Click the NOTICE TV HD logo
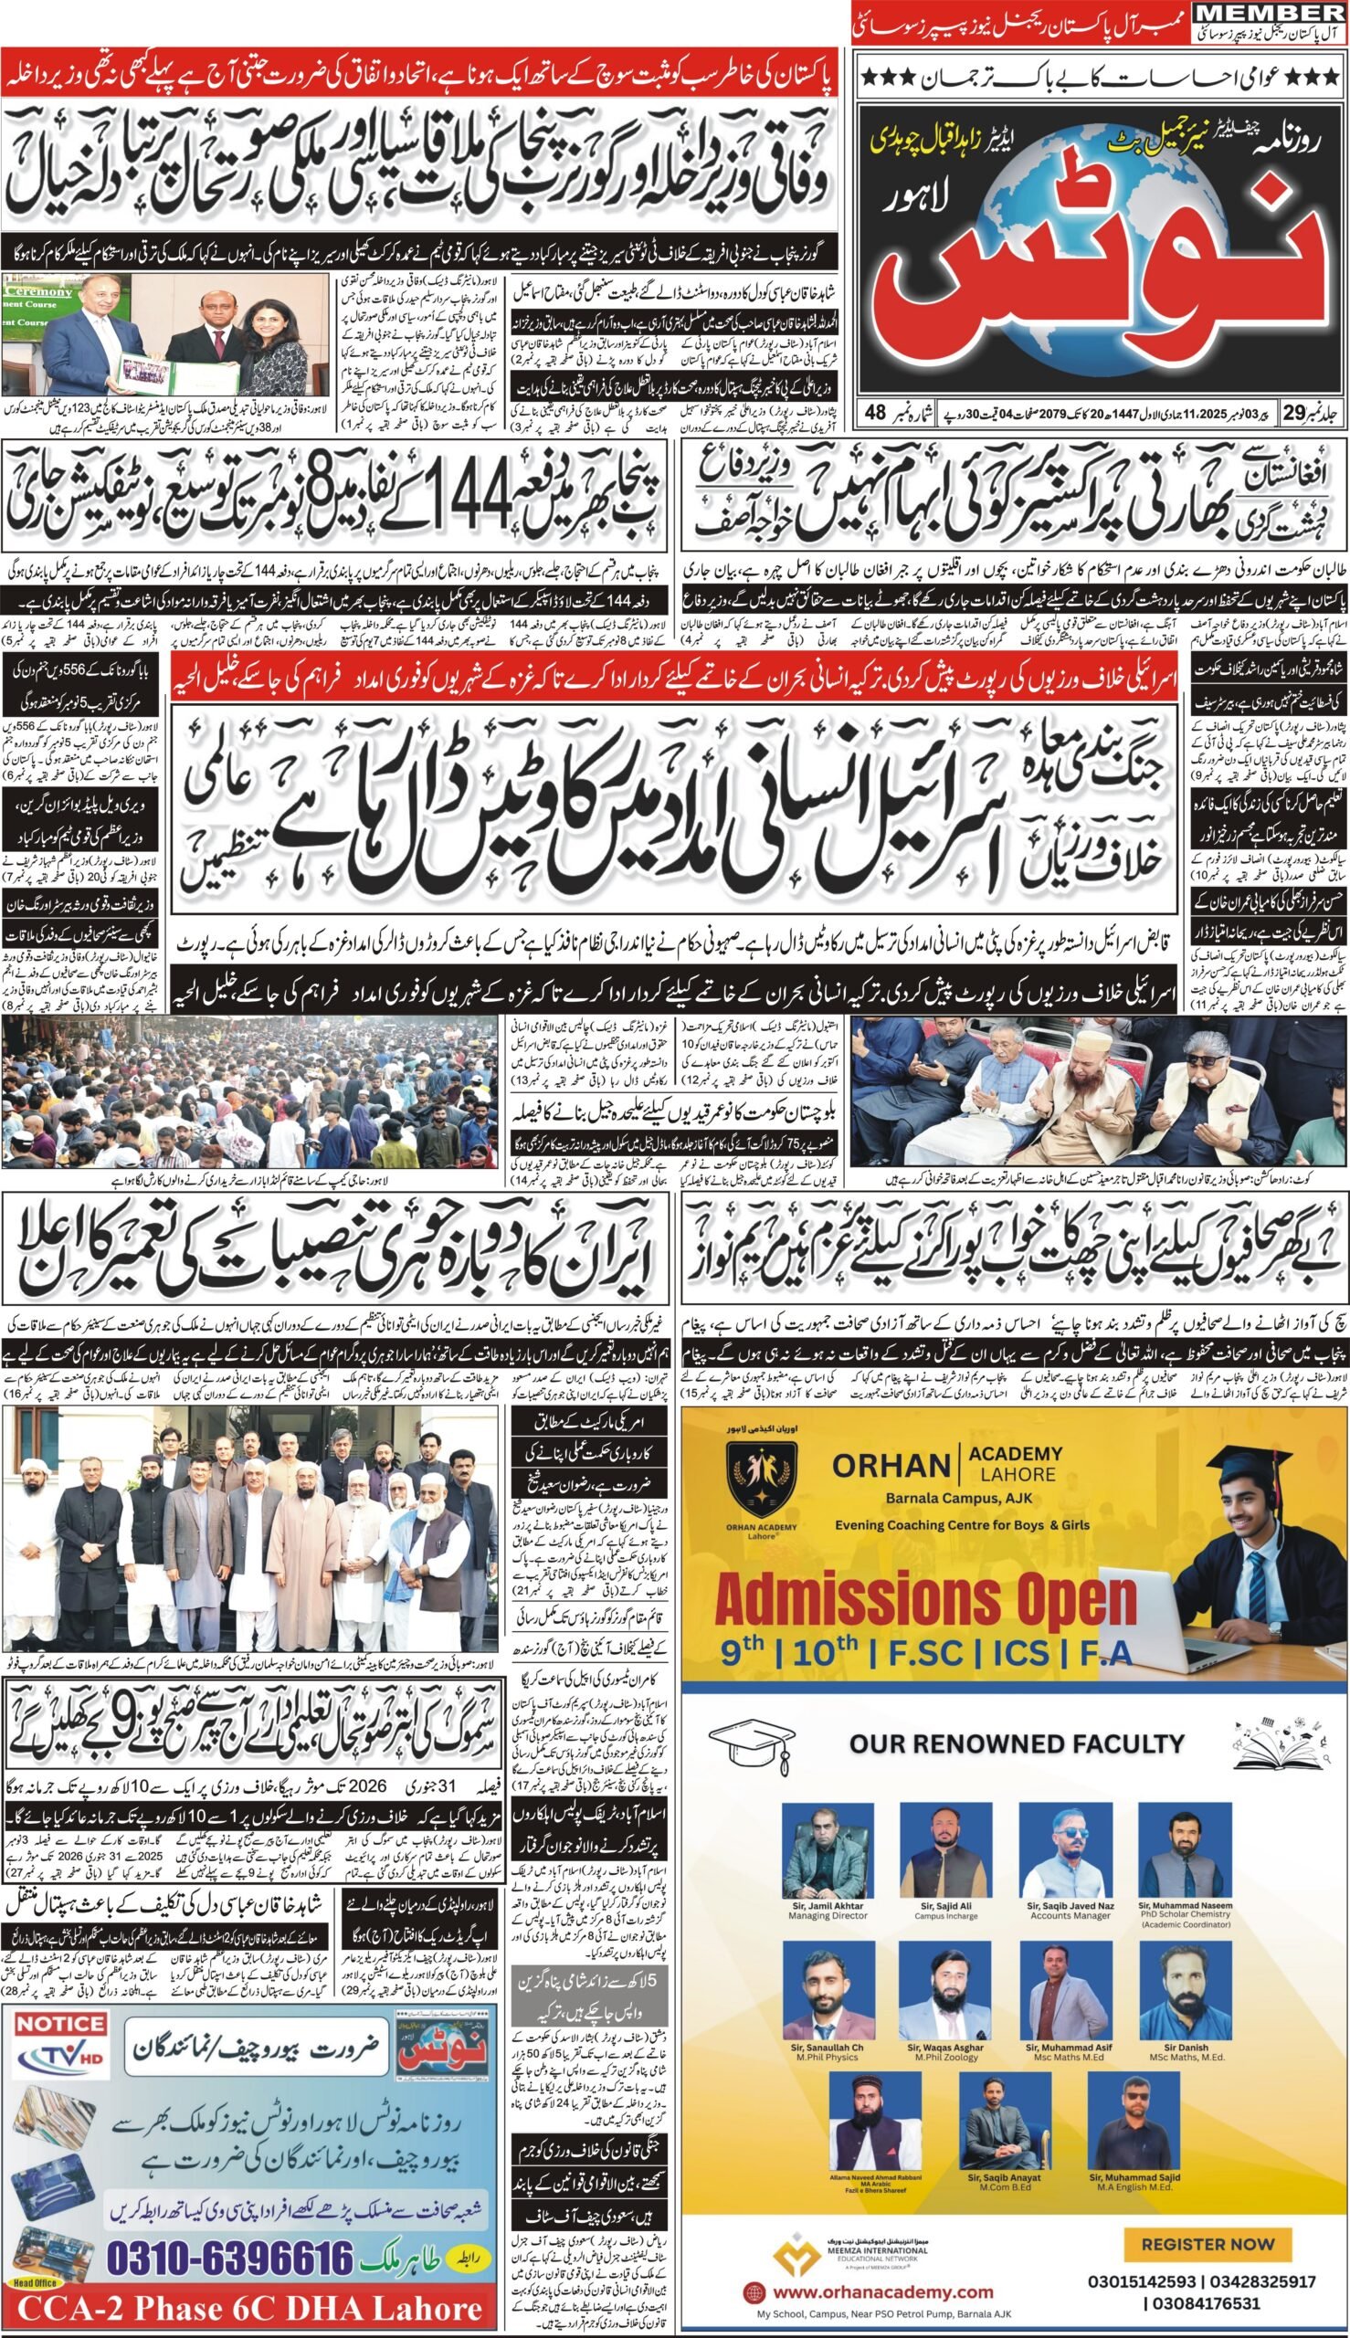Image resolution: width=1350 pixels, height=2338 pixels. click(x=61, y=2039)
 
